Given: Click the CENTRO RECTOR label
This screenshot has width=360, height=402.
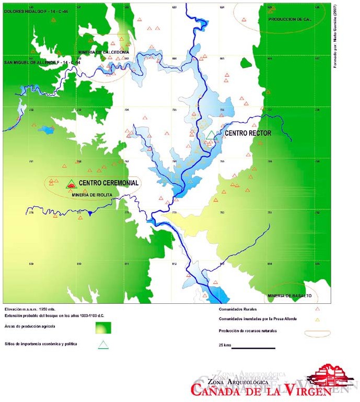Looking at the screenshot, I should click(x=248, y=133).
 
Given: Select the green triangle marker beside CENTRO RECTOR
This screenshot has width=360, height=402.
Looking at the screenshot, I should click(x=211, y=135).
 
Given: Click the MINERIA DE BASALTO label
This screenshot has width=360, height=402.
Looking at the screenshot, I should click(x=289, y=295).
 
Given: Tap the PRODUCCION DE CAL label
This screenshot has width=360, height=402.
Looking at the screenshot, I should click(x=289, y=19).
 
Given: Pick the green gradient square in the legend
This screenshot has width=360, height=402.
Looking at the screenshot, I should click(x=103, y=327).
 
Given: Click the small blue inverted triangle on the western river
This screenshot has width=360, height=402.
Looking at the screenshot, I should click(x=90, y=213).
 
